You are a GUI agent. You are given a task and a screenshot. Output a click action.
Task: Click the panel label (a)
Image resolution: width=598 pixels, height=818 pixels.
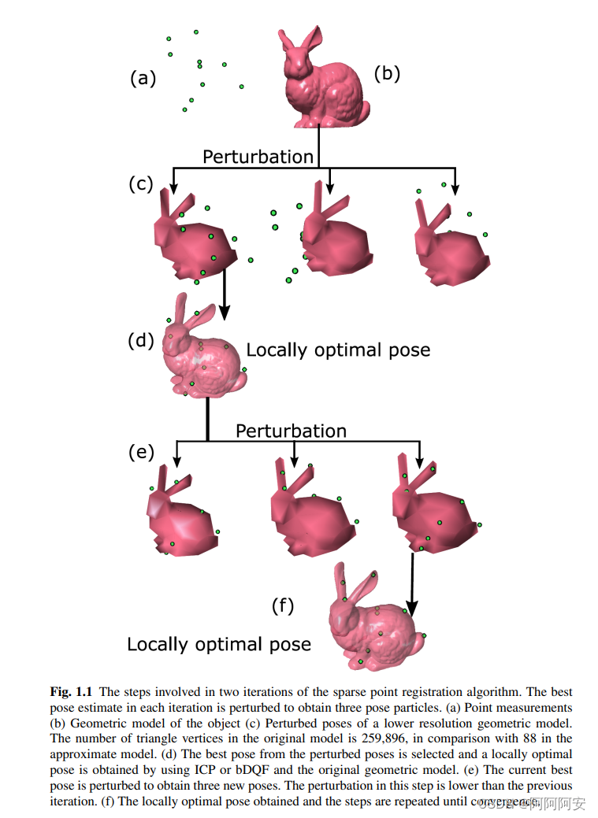point(143,78)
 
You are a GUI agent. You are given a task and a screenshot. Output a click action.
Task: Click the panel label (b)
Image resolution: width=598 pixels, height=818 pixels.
point(387,73)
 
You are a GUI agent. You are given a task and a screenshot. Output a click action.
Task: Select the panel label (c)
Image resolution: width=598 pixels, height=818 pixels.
point(140,184)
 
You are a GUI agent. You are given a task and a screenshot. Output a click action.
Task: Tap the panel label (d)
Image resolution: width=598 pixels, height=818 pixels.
point(141,341)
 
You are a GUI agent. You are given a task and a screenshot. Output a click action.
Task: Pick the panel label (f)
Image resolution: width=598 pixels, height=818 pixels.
point(283,605)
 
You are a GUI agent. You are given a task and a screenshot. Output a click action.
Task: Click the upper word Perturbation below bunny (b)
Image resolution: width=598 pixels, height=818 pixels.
point(258,157)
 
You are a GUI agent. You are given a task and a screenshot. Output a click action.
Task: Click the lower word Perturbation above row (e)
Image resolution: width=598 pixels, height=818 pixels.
point(291,431)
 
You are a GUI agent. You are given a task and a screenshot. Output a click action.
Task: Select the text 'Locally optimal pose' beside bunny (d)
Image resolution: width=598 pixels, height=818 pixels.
point(338,350)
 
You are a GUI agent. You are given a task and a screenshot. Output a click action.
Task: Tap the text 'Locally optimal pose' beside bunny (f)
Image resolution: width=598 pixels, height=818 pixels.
point(219,644)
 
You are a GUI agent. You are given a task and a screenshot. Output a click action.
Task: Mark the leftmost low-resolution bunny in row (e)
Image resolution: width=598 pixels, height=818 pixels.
point(179,516)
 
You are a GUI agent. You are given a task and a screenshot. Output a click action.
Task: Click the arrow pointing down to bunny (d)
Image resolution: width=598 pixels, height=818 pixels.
point(225,295)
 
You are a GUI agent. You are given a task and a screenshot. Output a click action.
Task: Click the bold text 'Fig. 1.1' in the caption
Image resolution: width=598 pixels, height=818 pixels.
point(72,692)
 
